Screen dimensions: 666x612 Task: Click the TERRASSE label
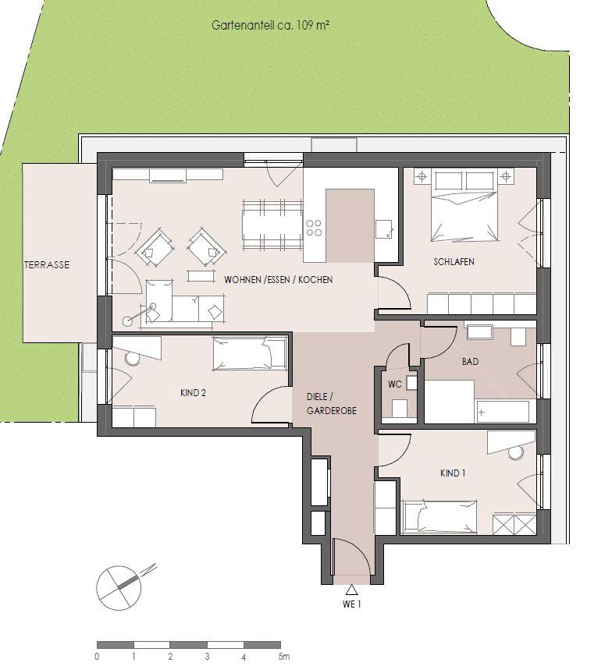point(46,265)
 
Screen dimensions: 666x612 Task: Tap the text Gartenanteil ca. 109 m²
point(269,25)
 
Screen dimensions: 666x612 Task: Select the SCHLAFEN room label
point(454,262)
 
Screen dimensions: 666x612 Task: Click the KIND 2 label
point(193,393)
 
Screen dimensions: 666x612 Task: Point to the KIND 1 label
point(453,473)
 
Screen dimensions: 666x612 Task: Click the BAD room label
point(470,362)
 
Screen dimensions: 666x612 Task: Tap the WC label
point(394,384)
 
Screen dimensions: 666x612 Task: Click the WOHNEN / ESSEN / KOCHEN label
point(278,279)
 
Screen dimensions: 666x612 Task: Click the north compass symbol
point(117,583)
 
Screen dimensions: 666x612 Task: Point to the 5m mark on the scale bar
point(284,657)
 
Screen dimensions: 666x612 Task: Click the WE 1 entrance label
point(352,604)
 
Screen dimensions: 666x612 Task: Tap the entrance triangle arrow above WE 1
point(352,590)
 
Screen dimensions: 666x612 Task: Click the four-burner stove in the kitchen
point(315,227)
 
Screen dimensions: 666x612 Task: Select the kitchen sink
point(384,228)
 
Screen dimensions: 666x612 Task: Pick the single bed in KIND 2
point(250,354)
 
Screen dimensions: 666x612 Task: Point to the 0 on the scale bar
point(97,657)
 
